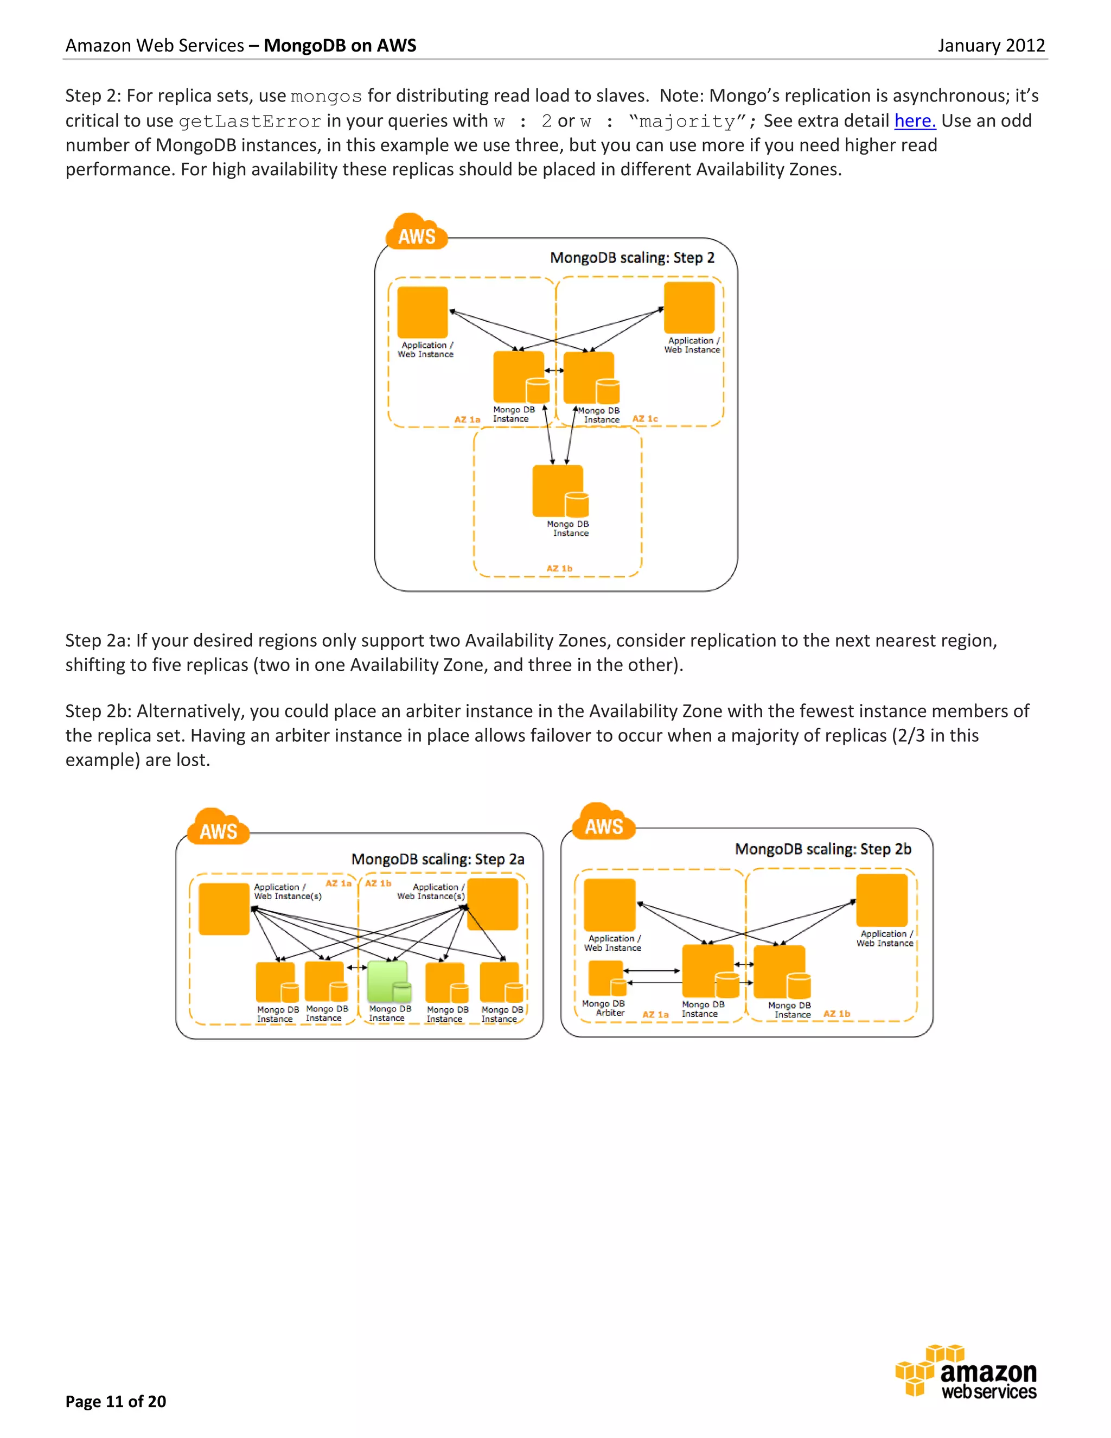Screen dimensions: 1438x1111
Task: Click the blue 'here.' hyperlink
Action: tap(914, 121)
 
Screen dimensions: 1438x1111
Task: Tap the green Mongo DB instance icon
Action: tap(388, 981)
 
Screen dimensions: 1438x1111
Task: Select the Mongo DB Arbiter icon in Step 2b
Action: tap(606, 978)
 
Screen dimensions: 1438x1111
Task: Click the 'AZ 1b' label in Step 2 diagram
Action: tap(559, 568)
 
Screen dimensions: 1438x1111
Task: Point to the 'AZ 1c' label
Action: tap(645, 419)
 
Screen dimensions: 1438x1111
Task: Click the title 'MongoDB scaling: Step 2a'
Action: tap(438, 859)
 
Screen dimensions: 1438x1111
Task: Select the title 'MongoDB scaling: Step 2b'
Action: tap(823, 849)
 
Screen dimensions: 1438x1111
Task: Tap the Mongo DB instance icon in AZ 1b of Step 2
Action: tap(559, 491)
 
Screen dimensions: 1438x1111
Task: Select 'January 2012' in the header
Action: tap(991, 46)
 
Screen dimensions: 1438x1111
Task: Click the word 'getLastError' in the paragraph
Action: tap(250, 122)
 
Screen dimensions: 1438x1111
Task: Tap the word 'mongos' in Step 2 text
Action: tap(327, 97)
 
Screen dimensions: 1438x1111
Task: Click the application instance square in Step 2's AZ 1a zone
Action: tap(423, 312)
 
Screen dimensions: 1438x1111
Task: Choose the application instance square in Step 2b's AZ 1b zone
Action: tap(882, 900)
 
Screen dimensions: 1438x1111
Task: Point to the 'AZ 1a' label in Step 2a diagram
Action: tap(339, 883)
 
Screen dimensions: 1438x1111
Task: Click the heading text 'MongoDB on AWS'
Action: tap(340, 46)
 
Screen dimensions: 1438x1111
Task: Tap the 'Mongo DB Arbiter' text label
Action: tap(604, 1008)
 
